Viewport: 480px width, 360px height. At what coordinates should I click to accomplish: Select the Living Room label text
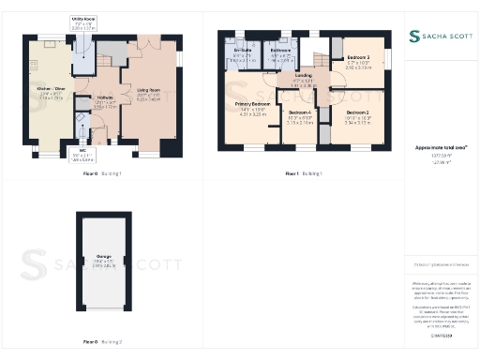coord(148,95)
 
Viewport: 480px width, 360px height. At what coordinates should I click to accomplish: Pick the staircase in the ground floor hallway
coord(108,56)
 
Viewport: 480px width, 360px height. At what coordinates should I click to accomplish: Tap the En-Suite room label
coord(243,57)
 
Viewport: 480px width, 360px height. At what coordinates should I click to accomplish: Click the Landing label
coord(303,80)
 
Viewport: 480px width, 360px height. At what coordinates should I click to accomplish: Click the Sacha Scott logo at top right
coord(442,37)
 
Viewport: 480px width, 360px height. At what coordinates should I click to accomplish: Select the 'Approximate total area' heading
coord(441,148)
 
